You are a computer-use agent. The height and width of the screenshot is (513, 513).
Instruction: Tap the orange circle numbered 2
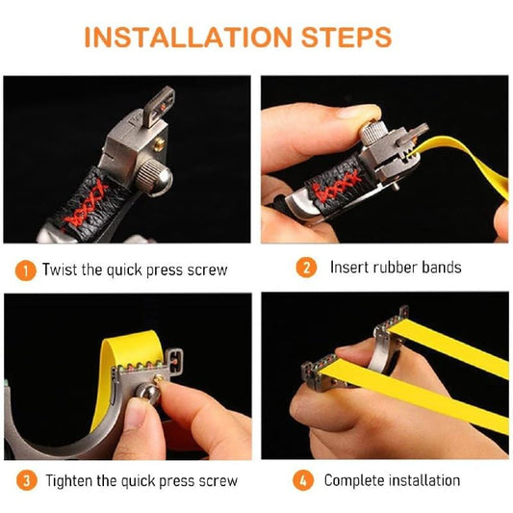tap(305, 268)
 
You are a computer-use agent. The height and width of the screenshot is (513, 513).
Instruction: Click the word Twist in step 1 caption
tap(60, 269)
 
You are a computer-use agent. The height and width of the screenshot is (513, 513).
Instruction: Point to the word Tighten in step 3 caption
tap(68, 480)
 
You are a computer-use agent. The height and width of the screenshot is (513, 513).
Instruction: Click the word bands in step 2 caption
tap(442, 268)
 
